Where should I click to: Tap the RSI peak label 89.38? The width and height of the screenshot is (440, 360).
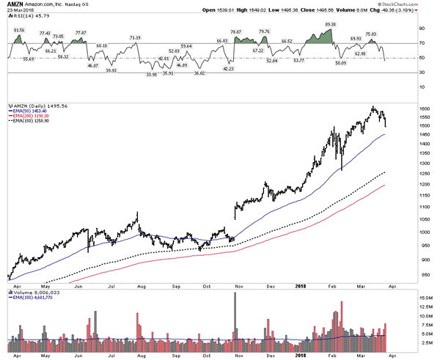click(x=329, y=24)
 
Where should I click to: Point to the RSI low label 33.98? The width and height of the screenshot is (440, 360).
click(x=152, y=74)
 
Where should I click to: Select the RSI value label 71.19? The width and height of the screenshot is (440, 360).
click(x=135, y=37)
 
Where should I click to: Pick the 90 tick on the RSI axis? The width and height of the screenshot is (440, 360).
click(x=421, y=29)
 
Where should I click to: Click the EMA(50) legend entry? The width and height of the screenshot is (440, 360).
click(x=28, y=110)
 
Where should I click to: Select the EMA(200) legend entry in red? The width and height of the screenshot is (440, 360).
click(x=29, y=115)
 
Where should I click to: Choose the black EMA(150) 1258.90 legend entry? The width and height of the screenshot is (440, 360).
click(x=29, y=120)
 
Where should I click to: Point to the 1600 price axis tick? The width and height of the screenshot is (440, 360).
click(x=423, y=109)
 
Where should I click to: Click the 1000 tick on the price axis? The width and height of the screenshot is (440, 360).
click(x=423, y=232)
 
